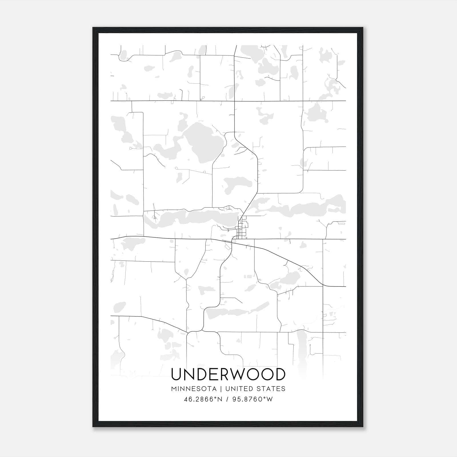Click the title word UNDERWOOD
click(x=228, y=374)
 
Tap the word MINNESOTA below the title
click(x=194, y=389)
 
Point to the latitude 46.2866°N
click(x=203, y=399)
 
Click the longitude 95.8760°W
click(x=252, y=399)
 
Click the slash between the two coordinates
click(x=227, y=399)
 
